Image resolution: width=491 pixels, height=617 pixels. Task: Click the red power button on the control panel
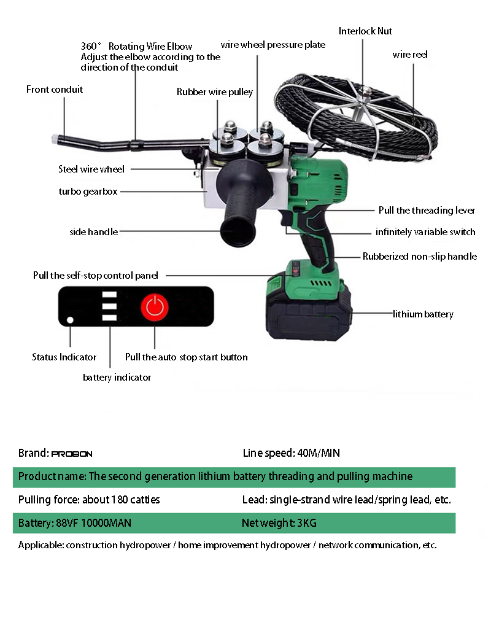[155, 307]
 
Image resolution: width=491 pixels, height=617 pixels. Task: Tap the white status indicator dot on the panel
[70, 320]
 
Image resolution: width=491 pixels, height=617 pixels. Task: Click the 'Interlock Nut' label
[365, 31]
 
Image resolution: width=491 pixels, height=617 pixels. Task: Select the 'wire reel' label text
[410, 54]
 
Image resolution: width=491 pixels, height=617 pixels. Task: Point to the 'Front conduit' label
[55, 89]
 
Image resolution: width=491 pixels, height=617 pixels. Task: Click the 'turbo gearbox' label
[88, 191]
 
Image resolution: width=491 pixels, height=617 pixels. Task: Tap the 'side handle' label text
[94, 232]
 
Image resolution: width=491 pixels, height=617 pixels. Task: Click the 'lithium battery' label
[423, 314]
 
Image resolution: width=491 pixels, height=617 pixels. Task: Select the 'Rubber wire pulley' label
[215, 91]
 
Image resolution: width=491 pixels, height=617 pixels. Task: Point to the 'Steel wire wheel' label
[91, 169]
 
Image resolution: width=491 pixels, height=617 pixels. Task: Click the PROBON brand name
[72, 454]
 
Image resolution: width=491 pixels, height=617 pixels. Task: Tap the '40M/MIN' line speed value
[319, 453]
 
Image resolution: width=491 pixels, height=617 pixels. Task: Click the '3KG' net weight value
[307, 523]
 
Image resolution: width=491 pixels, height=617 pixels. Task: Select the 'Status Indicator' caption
[64, 357]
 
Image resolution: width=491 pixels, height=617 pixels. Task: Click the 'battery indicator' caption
[117, 378]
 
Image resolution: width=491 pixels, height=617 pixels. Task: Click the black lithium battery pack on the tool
[309, 315]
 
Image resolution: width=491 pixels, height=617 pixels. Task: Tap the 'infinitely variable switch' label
[425, 232]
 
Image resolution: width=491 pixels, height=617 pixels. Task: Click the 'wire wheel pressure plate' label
[273, 45]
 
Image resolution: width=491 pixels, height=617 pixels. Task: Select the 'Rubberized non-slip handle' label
[420, 257]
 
